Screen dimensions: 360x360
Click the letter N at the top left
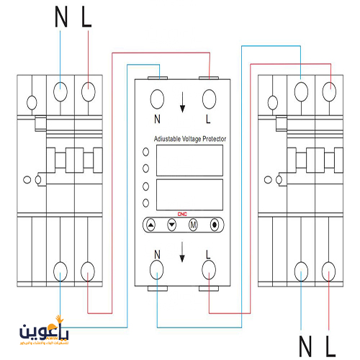pos(62,18)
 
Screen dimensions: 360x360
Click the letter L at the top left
pos(87,18)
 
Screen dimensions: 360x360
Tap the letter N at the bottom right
pos(306,346)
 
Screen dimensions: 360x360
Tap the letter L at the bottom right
pos(330,346)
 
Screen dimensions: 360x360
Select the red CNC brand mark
pos(182,213)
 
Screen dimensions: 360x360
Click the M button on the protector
pos(192,225)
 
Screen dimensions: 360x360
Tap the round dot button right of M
pos(214,225)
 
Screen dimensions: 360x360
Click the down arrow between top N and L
pos(183,105)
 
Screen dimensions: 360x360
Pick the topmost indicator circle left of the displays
pos(146,152)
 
